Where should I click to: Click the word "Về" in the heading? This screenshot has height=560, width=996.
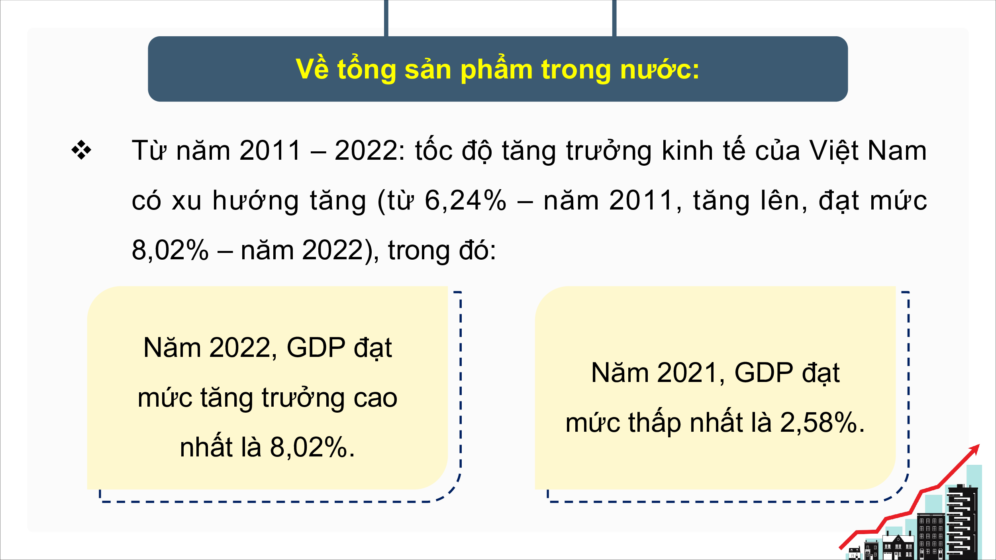coord(312,69)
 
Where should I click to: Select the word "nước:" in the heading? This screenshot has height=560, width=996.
coord(660,69)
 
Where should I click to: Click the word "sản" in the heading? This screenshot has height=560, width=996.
coord(428,69)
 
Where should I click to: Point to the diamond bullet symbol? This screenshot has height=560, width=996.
coord(81,150)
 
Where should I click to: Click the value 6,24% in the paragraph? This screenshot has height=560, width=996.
coord(466,200)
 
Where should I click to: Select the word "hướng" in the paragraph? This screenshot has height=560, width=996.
coord(255,200)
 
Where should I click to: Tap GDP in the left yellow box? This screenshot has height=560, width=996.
coord(316,347)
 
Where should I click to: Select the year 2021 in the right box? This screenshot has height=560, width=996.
coord(688,372)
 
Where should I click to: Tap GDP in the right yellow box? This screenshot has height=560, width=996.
coord(764,372)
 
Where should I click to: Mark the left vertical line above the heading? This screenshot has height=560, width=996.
coord(386,18)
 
